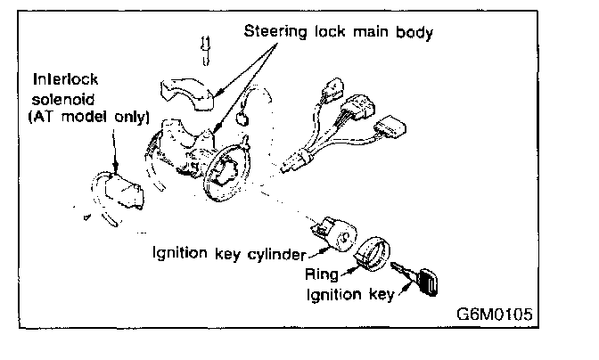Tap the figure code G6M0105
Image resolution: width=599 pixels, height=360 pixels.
496,315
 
